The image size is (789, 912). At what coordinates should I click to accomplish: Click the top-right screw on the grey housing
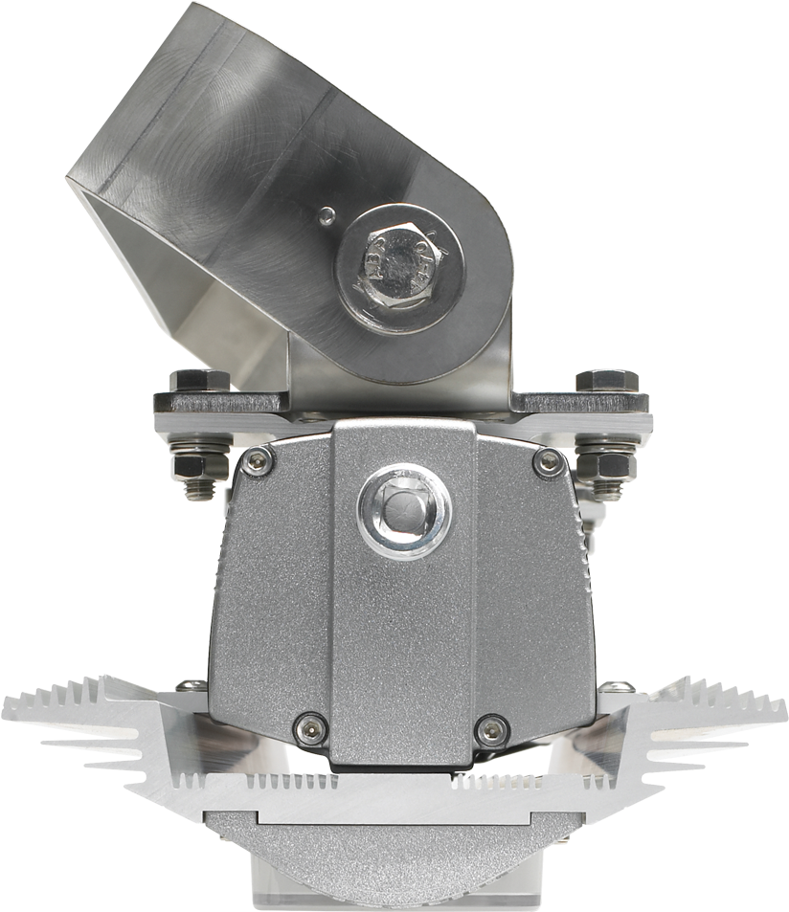point(547,462)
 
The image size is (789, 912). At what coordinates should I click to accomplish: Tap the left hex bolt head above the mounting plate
point(200,381)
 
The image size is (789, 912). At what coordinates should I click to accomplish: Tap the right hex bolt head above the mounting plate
point(606,380)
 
